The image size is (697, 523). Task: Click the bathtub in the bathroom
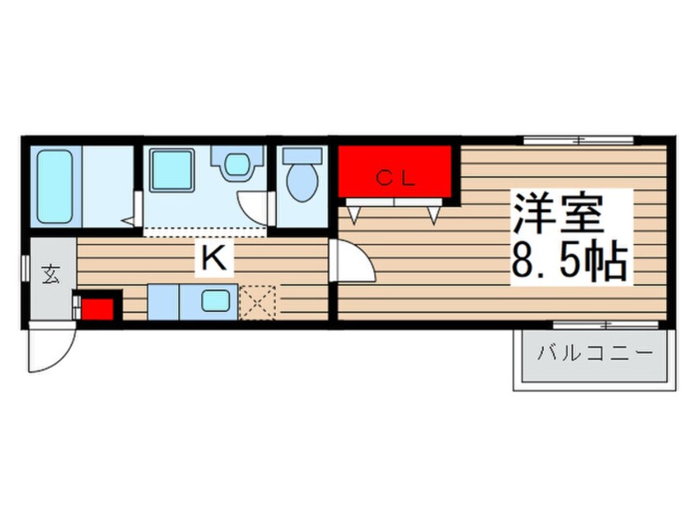(55, 186)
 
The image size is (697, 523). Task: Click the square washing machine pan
(171, 171)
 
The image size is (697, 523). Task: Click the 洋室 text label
(560, 214)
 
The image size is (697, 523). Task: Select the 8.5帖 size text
(569, 261)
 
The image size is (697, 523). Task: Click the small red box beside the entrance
(96, 309)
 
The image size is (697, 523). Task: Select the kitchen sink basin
(216, 301)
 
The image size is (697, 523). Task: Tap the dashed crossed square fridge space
(259, 301)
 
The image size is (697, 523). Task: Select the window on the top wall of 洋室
(578, 140)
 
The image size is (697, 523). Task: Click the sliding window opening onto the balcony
(606, 324)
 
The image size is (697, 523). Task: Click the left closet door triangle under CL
(355, 214)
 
